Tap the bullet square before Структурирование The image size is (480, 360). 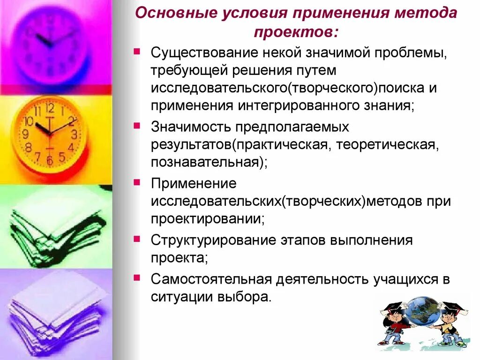tap(136, 239)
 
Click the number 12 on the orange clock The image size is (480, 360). tap(50, 109)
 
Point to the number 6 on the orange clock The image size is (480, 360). tap(50, 160)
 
